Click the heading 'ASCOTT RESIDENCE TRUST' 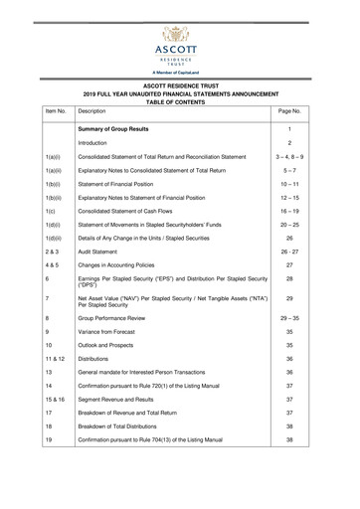tap(180, 85)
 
